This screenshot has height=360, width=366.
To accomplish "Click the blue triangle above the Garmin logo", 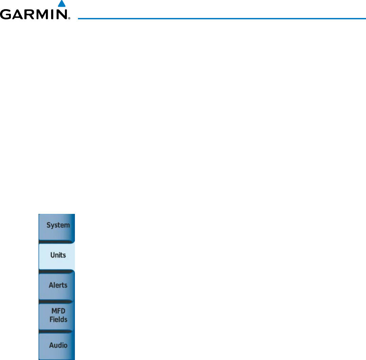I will pyautogui.click(x=61, y=4).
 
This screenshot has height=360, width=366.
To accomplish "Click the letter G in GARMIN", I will pyautogui.click(x=6, y=15).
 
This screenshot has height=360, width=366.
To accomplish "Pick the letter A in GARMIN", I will pyautogui.click(x=18, y=15).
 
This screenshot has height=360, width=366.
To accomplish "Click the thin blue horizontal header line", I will pyautogui.click(x=220, y=18).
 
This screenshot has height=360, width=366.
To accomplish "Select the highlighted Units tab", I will pyautogui.click(x=57, y=256).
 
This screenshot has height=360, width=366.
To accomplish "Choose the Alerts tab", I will pyautogui.click(x=57, y=285).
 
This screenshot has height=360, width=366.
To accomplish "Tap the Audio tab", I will pyautogui.click(x=57, y=346).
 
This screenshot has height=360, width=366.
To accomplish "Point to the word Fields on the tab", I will pyautogui.click(x=58, y=319).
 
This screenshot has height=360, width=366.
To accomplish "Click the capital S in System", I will pyautogui.click(x=48, y=225).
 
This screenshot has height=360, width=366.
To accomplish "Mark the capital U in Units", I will pyautogui.click(x=53, y=255).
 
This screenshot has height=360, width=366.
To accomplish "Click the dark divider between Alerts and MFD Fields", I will pyautogui.click(x=57, y=301).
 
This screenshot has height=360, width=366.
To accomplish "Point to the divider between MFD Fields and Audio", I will pyautogui.click(x=57, y=331).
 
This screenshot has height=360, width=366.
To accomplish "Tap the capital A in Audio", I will pyautogui.click(x=51, y=345).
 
